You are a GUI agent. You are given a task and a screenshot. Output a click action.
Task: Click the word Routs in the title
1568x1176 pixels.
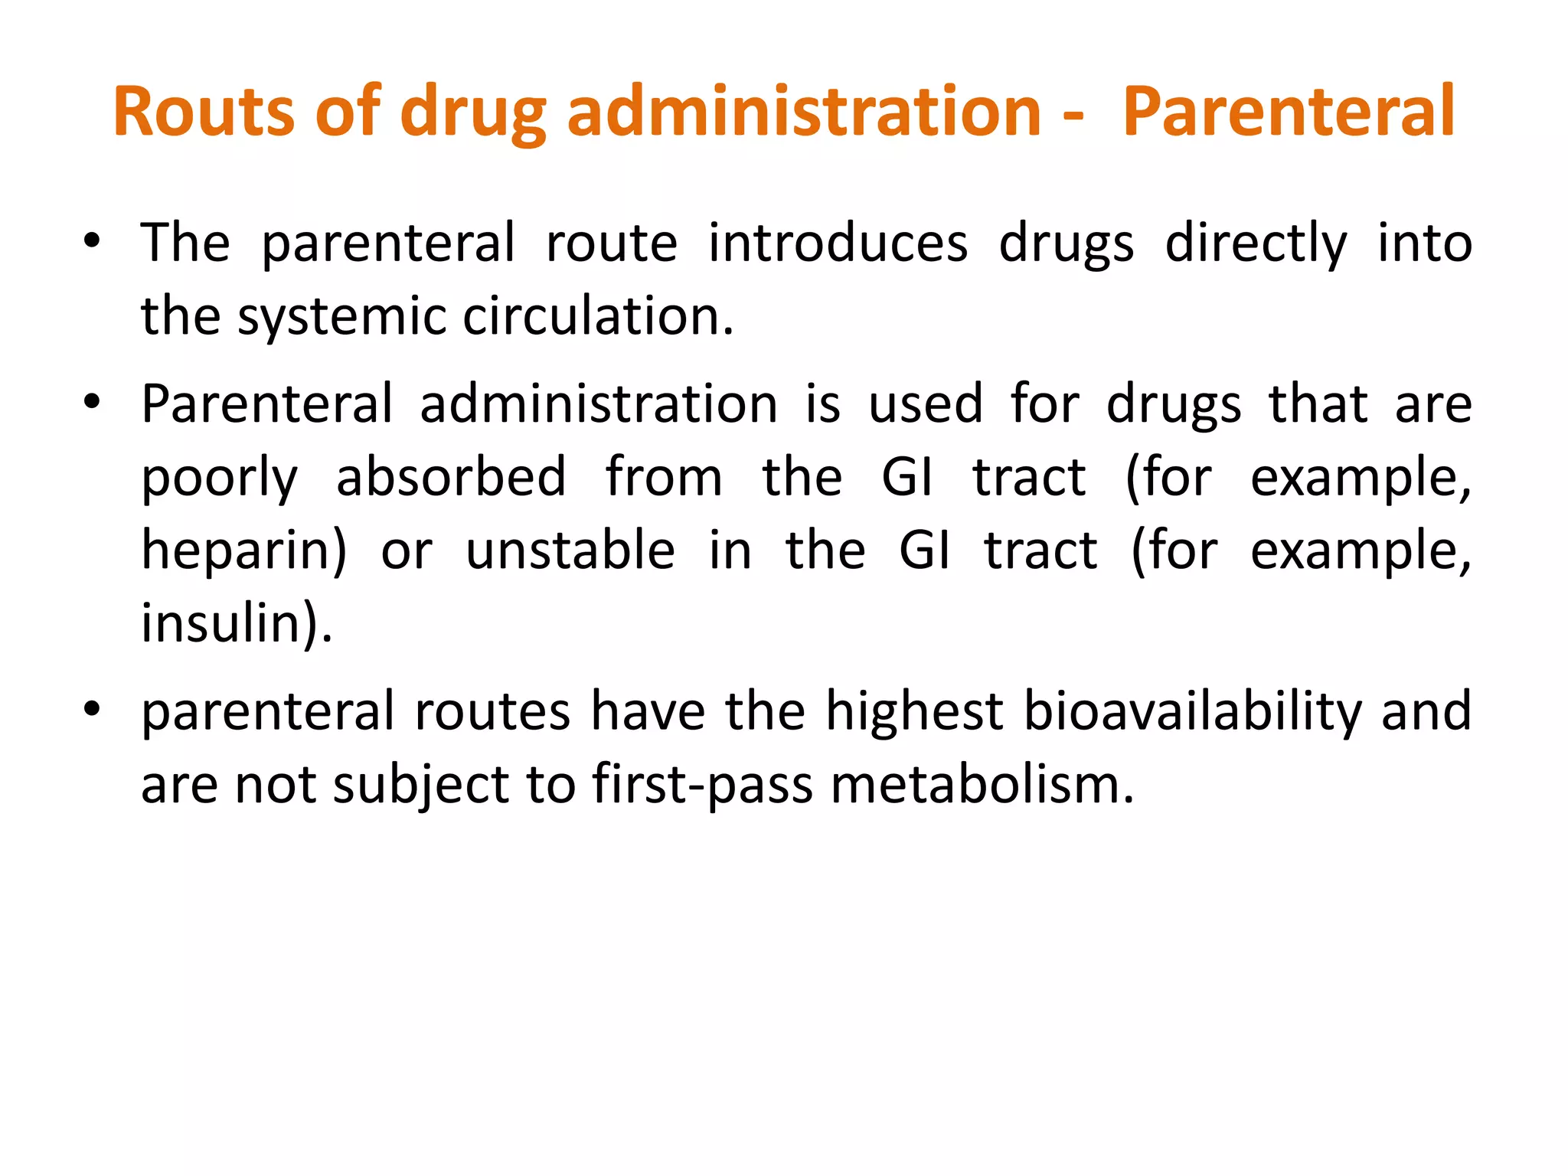pyautogui.click(x=204, y=112)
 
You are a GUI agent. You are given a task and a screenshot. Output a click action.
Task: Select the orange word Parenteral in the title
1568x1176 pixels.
pyautogui.click(x=1288, y=112)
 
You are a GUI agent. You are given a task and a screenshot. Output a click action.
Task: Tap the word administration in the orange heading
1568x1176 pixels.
pyautogui.click(x=804, y=112)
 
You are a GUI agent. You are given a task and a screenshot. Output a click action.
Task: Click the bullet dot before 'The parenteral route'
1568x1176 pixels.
pyautogui.click(x=92, y=243)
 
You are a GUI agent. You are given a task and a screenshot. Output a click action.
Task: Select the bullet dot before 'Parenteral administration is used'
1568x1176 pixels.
pyautogui.click(x=92, y=403)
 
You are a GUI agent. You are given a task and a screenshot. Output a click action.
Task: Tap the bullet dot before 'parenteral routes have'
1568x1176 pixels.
pyautogui.click(x=92, y=710)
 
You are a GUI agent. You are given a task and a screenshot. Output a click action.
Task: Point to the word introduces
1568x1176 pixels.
pyautogui.click(x=838, y=243)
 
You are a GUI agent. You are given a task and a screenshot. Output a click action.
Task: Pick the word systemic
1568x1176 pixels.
pyautogui.click(x=341, y=317)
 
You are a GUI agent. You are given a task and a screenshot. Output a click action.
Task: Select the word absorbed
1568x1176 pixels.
pyautogui.click(x=452, y=476)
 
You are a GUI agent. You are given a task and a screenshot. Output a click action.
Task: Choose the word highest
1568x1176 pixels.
pyautogui.click(x=914, y=712)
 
